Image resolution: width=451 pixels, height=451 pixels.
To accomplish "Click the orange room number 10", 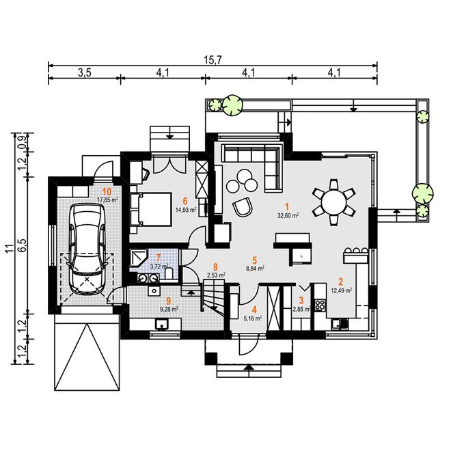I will pyautogui.click(x=107, y=191).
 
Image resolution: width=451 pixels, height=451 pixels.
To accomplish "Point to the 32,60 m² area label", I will pyautogui.click(x=288, y=215).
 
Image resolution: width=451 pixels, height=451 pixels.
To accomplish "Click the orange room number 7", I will pyautogui.click(x=159, y=258).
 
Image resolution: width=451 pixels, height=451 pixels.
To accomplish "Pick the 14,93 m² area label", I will pyautogui.click(x=185, y=210).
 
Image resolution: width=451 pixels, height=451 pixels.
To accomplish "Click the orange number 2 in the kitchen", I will pyautogui.click(x=340, y=282).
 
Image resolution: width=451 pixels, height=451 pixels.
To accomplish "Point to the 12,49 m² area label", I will pyautogui.click(x=341, y=290).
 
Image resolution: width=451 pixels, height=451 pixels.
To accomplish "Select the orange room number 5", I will pyautogui.click(x=254, y=260).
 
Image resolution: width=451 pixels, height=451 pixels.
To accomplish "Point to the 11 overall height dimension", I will pyautogui.click(x=8, y=248).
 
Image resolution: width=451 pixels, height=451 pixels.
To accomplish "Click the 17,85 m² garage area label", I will pyautogui.click(x=107, y=200).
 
